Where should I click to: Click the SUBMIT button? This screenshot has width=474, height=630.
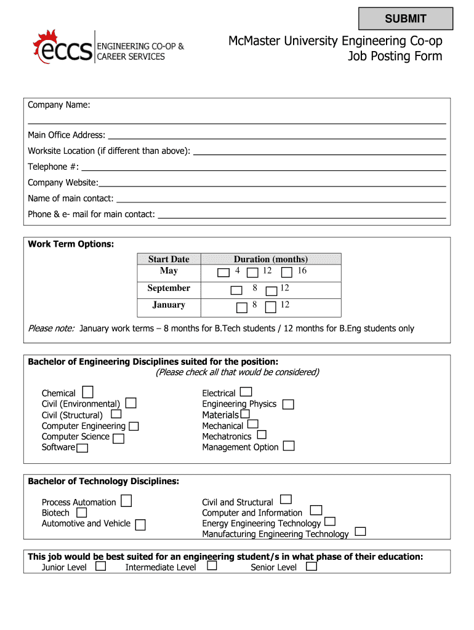point(406,18)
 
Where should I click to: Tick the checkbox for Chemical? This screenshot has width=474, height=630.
point(88,392)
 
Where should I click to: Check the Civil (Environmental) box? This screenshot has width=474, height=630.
point(131,403)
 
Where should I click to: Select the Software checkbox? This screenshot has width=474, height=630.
point(82,448)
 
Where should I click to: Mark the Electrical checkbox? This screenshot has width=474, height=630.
point(246,392)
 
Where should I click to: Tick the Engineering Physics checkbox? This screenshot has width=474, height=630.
point(288,404)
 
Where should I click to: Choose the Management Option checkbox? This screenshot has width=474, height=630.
point(289,446)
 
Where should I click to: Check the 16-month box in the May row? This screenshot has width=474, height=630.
point(286,272)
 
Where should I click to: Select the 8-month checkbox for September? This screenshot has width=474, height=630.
point(236,290)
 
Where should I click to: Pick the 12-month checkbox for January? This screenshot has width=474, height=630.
point(270,306)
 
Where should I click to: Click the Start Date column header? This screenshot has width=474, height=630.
point(169,259)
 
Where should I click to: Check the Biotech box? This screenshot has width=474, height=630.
point(81,512)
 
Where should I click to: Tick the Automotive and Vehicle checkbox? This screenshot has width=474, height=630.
point(140,525)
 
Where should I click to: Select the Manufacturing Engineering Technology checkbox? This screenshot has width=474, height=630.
point(361,532)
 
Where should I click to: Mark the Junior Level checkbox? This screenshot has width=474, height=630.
point(101,566)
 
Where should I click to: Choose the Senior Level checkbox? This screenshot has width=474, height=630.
point(311,566)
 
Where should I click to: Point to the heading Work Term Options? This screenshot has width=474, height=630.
point(71,244)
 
